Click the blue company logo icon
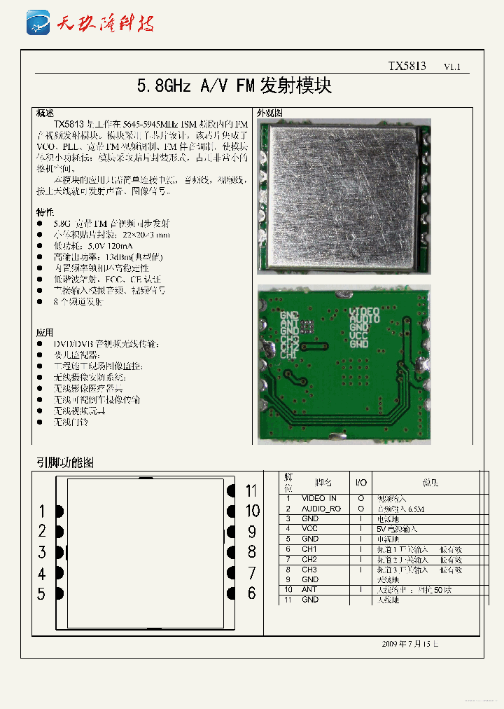click(x=38, y=23)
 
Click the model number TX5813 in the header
click(x=407, y=67)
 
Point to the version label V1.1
click(x=452, y=67)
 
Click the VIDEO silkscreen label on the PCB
click(x=365, y=310)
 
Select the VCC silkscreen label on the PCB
click(x=359, y=336)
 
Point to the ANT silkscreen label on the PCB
click(x=289, y=323)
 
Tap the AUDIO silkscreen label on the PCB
click(x=365, y=319)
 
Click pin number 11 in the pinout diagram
click(x=251, y=490)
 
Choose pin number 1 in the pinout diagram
click(x=42, y=511)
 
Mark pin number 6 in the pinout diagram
click(x=251, y=593)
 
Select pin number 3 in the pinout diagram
click(x=42, y=552)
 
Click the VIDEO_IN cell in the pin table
click(x=318, y=498)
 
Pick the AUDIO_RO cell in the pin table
click(x=321, y=509)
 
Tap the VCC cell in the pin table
click(x=309, y=528)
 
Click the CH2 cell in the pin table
click(x=309, y=559)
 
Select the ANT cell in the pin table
click(x=309, y=589)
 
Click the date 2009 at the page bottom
click(x=390, y=643)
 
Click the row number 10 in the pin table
click(x=288, y=589)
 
